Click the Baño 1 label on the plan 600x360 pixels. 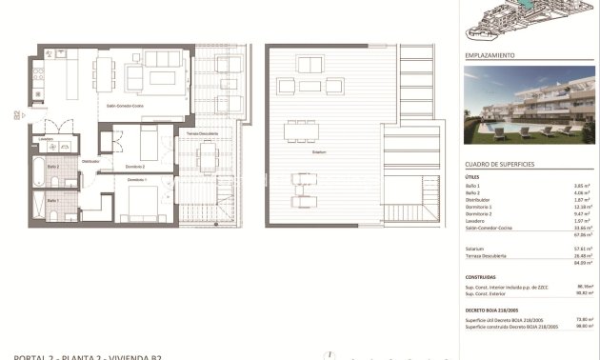click(52, 200)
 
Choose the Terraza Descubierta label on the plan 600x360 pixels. click(202, 133)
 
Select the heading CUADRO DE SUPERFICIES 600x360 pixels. click(500, 164)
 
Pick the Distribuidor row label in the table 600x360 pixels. click(479, 200)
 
